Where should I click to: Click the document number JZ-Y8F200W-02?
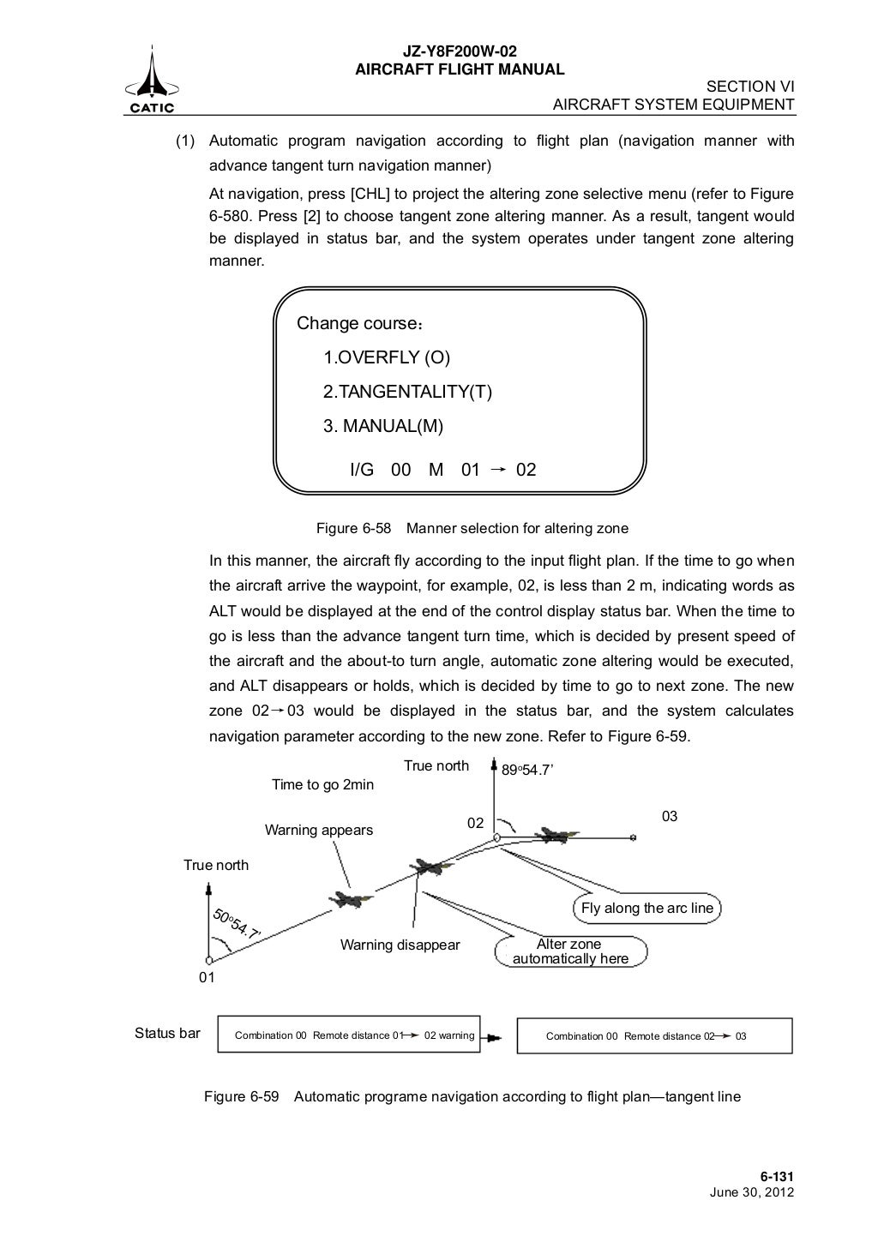pyautogui.click(x=460, y=52)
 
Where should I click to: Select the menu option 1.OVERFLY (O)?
pyautogui.click(x=386, y=357)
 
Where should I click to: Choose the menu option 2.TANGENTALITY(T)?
pyautogui.click(x=407, y=392)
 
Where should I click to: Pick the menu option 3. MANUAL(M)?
pyautogui.click(x=382, y=426)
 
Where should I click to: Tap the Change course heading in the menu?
pyautogui.click(x=359, y=324)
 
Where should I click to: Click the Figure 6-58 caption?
pyautogui.click(x=472, y=528)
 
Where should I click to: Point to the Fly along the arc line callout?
pyautogui.click(x=646, y=909)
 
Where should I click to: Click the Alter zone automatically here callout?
pyautogui.click(x=570, y=951)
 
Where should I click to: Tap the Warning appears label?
pyautogui.click(x=318, y=830)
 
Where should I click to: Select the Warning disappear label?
pyautogui.click(x=400, y=945)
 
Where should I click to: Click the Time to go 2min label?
pyautogui.click(x=322, y=784)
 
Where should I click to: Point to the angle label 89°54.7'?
pyautogui.click(x=527, y=771)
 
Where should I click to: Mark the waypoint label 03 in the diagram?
pyautogui.click(x=670, y=816)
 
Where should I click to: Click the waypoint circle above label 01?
pyautogui.click(x=208, y=961)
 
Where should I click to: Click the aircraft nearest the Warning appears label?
pyautogui.click(x=350, y=898)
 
